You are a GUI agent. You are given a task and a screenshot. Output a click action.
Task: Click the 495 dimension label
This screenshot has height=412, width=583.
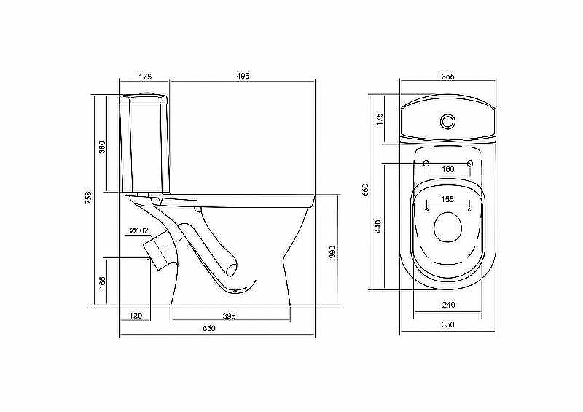[x=243, y=76]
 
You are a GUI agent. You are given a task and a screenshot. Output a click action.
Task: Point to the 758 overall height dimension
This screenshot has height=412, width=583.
[x=87, y=198]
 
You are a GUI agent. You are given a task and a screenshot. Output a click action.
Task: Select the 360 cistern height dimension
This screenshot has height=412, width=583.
[x=102, y=147]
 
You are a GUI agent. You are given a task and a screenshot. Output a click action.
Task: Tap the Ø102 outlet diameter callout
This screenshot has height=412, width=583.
[x=139, y=230]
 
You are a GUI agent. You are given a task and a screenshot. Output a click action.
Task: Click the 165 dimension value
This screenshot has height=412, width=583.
[x=103, y=282]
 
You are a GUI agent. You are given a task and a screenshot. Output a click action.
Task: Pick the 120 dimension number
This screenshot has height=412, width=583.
[x=136, y=316]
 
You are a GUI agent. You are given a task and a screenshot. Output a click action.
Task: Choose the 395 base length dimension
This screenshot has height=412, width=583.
[x=229, y=316]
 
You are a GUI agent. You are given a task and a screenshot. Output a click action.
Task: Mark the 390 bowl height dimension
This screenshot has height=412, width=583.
[x=332, y=252]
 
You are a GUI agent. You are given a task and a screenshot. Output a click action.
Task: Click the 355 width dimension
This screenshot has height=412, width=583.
[x=448, y=77]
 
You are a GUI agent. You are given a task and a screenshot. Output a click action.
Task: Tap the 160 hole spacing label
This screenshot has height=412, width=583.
[x=447, y=169]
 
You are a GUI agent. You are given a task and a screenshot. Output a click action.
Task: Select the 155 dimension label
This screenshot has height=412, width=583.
[x=447, y=199]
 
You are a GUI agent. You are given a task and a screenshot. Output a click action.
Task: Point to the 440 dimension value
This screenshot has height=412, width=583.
[x=377, y=226]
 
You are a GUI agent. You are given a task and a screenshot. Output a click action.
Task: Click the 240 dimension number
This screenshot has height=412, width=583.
[x=448, y=305]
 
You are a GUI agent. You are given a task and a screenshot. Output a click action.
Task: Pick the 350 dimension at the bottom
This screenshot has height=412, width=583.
[x=447, y=324]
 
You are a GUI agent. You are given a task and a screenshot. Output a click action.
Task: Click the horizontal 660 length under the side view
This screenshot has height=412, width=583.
[x=209, y=328]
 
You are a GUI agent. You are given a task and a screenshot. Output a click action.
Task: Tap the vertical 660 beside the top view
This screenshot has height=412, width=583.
[x=365, y=190]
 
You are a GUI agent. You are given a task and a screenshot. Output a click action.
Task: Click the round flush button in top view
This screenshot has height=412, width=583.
[x=447, y=121]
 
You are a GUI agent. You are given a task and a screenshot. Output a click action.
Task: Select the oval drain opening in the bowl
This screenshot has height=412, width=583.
[x=447, y=227]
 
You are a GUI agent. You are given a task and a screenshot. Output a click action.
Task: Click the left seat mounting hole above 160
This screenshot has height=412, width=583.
[x=426, y=163]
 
